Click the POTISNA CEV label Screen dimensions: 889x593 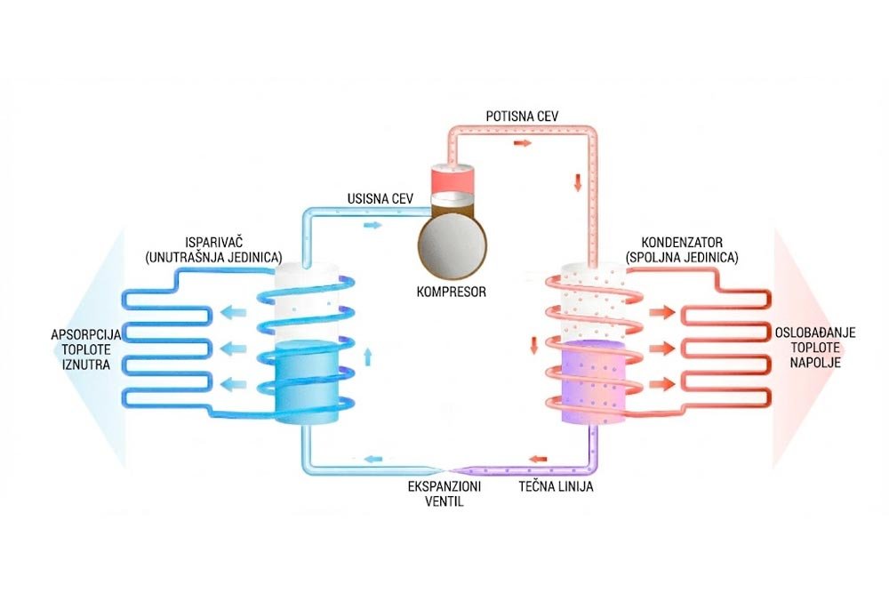(x=522, y=116)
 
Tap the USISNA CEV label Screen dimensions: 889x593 (x=380, y=199)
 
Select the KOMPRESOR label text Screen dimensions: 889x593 (x=452, y=292)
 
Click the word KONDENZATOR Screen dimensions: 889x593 (x=682, y=243)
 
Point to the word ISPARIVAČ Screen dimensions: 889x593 (x=213, y=243)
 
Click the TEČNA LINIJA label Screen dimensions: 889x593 (x=557, y=486)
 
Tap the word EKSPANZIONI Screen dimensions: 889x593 (x=444, y=486)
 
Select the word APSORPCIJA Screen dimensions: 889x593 (x=86, y=334)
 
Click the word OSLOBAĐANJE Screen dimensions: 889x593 (x=815, y=333)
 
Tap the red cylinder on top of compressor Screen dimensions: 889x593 (x=452, y=180)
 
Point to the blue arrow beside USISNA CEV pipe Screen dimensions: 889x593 (x=372, y=225)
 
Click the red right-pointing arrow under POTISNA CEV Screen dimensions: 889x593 (x=522, y=143)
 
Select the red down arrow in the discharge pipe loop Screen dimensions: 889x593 (x=578, y=182)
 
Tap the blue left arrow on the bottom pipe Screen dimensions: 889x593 (x=372, y=459)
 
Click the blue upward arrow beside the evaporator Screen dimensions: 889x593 (x=367, y=357)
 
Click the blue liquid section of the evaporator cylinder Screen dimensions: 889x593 (x=306, y=382)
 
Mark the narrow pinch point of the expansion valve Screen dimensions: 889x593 (x=448, y=470)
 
